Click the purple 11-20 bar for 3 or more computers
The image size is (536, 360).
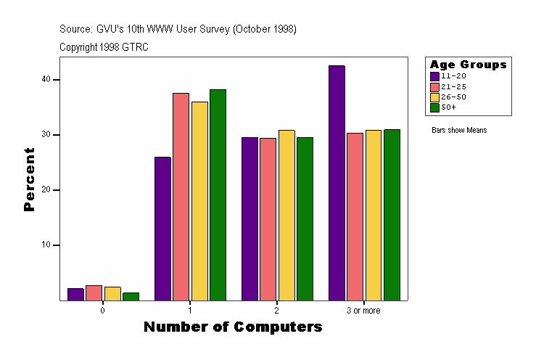(x=337, y=183)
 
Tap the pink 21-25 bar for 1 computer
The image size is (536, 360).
(x=181, y=197)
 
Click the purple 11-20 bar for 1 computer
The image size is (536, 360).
(x=162, y=229)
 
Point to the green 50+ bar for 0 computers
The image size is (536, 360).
(x=131, y=296)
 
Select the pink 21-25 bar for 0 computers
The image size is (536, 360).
(x=94, y=292)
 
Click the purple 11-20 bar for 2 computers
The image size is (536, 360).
(x=250, y=218)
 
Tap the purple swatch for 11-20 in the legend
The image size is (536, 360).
(x=434, y=75)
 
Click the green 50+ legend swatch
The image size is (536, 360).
(x=434, y=107)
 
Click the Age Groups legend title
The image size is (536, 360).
(x=468, y=65)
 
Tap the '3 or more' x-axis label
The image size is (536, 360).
(x=363, y=310)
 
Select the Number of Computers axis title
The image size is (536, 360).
(x=233, y=327)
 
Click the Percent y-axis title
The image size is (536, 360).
(x=29, y=179)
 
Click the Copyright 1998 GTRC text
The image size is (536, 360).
(x=104, y=46)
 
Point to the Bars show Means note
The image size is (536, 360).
(x=459, y=130)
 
